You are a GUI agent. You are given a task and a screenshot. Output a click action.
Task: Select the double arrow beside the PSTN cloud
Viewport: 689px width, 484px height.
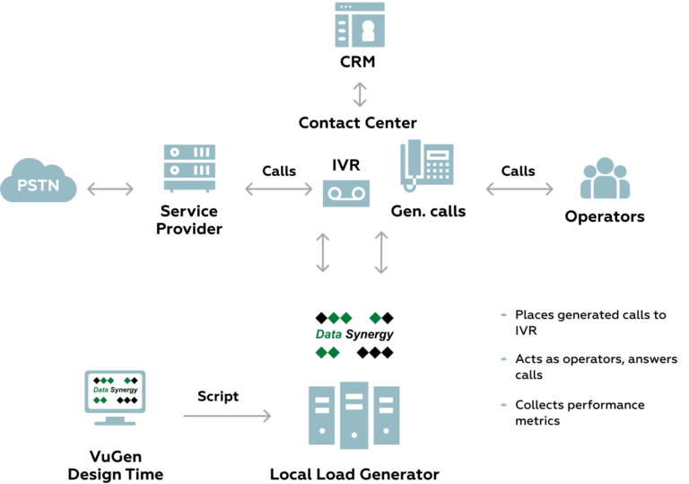point(110,189)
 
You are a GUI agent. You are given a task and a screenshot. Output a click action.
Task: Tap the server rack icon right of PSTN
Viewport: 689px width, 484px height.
point(189,168)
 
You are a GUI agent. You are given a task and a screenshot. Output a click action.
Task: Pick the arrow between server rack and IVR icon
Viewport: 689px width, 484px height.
point(277,189)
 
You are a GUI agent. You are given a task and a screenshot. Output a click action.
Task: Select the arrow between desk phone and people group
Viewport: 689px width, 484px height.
point(519,189)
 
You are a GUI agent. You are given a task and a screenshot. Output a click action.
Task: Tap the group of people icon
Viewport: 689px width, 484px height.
point(605,179)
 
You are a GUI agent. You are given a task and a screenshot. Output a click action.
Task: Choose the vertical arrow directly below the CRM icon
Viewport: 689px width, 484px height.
point(359,93)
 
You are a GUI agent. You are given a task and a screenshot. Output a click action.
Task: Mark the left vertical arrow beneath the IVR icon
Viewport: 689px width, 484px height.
point(323,252)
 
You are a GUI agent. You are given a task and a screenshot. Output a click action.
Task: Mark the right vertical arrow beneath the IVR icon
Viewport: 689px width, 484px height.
point(381,252)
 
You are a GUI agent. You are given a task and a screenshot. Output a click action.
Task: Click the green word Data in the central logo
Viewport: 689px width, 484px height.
point(330,335)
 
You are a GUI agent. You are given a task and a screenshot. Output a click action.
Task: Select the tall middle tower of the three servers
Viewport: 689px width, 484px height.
point(354,415)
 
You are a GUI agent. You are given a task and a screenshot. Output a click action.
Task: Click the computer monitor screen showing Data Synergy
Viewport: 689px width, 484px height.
point(115,392)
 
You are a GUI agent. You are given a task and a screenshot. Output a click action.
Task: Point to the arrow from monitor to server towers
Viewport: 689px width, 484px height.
point(227,415)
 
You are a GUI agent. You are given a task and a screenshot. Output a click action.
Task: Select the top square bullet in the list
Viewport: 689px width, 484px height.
point(504,316)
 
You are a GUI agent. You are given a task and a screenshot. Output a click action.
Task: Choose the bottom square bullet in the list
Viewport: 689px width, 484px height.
point(504,406)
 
